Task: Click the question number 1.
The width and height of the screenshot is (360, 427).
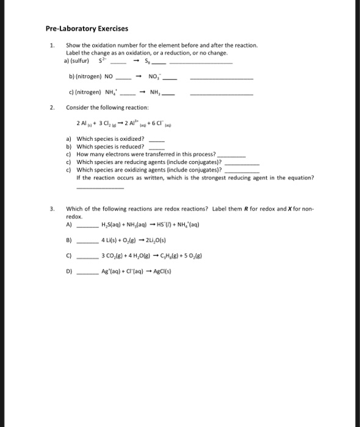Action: pyautogui.click(x=52, y=45)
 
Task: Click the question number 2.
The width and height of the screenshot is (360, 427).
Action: pyautogui.click(x=52, y=108)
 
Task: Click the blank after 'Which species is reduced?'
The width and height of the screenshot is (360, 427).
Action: pyautogui.click(x=157, y=146)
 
